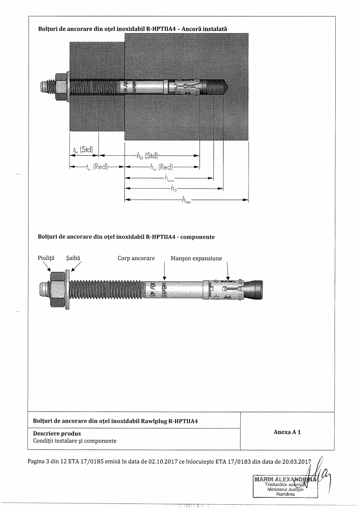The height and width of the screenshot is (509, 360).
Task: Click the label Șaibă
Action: tap(73, 258)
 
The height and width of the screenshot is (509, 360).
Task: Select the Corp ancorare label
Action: tap(136, 258)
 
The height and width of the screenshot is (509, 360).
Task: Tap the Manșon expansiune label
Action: tap(196, 258)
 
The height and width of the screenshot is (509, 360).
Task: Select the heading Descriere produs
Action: tap(57, 433)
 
